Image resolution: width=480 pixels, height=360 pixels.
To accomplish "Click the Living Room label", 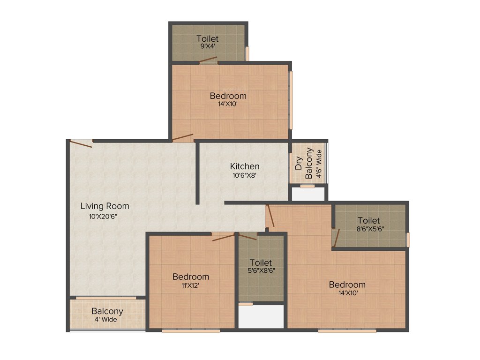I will [105, 206].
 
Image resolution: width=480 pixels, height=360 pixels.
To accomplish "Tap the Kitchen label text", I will [244, 166].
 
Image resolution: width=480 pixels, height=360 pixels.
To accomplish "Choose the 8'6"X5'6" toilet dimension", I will [368, 230].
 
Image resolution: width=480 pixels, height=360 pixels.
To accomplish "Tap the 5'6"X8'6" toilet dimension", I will [261, 271].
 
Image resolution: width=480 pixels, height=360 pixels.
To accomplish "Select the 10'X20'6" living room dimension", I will [103, 216].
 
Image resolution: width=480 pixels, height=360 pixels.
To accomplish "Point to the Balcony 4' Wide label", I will [107, 315].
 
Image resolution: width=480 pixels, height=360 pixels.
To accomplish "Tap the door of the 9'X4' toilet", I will [208, 60].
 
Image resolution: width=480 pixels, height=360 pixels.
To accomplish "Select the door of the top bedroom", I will [182, 137].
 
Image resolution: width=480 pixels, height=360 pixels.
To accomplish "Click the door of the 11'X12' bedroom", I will [224, 237].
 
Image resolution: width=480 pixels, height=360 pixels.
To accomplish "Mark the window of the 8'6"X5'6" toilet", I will [408, 240].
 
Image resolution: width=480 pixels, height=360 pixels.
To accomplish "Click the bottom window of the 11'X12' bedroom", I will [191, 331].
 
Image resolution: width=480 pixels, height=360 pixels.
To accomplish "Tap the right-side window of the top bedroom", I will [291, 99].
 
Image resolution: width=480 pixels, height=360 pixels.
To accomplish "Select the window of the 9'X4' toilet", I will [247, 53].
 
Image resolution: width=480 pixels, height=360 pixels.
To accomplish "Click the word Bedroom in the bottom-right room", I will [347, 285].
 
